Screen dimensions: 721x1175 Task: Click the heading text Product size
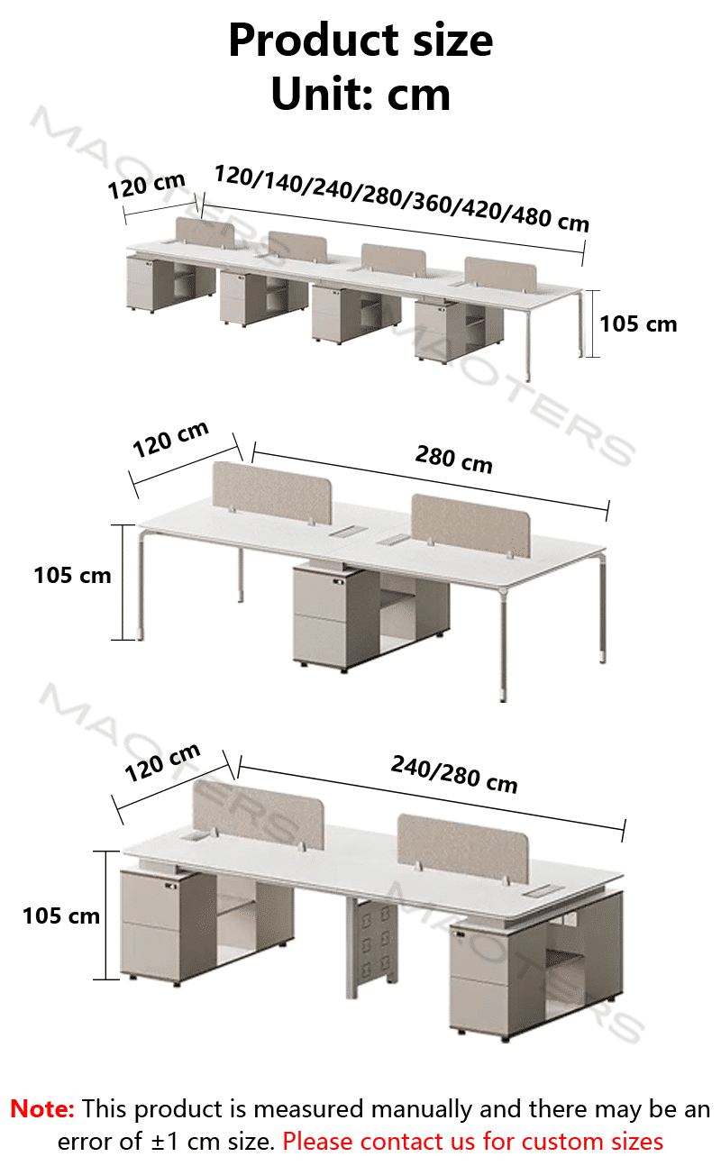(360, 41)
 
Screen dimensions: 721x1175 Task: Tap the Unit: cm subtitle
(360, 95)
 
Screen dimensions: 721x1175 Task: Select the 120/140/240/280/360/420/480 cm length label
(402, 198)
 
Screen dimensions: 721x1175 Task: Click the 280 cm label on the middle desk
(454, 460)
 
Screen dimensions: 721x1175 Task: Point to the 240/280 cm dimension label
(454, 774)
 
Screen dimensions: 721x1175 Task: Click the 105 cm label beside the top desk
(638, 324)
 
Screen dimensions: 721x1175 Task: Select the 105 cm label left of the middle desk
(72, 576)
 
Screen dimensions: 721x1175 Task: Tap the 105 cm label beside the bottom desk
(61, 915)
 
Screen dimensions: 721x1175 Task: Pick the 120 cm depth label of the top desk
(146, 186)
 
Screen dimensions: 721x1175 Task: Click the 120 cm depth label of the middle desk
(170, 440)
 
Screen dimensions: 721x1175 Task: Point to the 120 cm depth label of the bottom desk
(162, 762)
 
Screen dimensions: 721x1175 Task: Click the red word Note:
(42, 1109)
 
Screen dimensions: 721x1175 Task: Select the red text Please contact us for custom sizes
(473, 1142)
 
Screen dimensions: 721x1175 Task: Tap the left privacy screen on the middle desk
(272, 493)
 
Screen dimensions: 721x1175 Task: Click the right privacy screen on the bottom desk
(463, 848)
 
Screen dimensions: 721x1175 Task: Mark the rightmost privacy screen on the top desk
(500, 274)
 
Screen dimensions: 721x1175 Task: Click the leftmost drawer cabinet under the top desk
(170, 283)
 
